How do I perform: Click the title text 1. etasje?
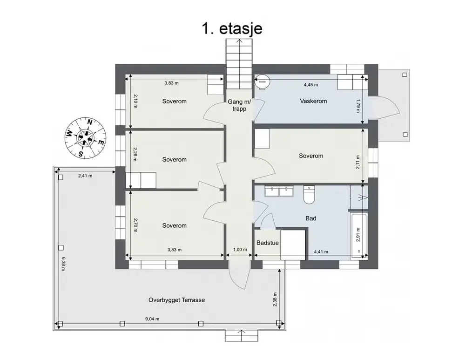(232, 29)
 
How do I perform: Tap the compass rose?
(85, 138)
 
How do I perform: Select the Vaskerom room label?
(313, 101)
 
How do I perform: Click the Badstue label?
(268, 243)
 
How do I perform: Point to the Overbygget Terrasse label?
(177, 300)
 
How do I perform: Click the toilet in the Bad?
(309, 195)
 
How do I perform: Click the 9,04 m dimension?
(152, 319)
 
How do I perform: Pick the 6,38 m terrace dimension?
(63, 264)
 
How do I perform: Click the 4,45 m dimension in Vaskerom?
(311, 85)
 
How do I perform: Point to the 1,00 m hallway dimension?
(240, 250)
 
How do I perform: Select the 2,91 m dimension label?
(358, 235)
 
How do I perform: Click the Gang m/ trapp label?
(239, 105)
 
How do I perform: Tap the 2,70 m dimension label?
(135, 225)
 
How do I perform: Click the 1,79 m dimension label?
(358, 106)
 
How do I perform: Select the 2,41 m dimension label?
(85, 176)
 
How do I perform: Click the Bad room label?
(311, 218)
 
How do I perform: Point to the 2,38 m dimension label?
(275, 299)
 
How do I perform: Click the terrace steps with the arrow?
(242, 336)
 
